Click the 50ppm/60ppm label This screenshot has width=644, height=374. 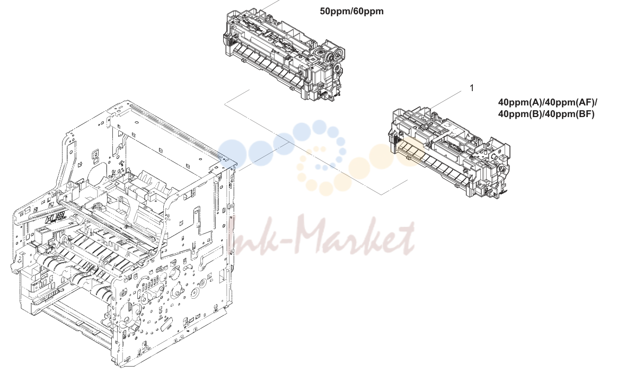pyautogui.click(x=351, y=12)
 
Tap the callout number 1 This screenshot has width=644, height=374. pyautogui.click(x=472, y=88)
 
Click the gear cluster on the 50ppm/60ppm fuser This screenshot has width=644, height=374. pyautogui.click(x=331, y=57)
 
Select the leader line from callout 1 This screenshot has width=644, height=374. pyautogui.click(x=447, y=100)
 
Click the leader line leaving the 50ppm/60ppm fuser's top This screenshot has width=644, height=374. pyautogui.click(x=270, y=4)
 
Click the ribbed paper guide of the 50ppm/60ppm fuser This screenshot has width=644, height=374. pyautogui.click(x=267, y=66)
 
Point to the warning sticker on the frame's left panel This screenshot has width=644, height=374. pyautogui.click(x=56, y=218)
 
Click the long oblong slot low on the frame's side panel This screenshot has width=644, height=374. pyautogui.click(x=164, y=327)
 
